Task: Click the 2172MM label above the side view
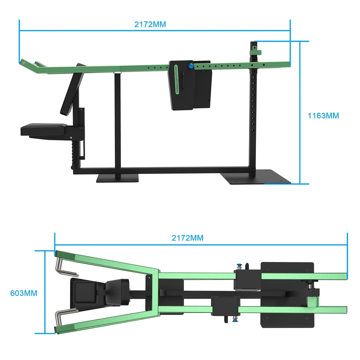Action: point(150,24)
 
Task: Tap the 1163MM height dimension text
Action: point(323,116)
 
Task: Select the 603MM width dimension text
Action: point(24,293)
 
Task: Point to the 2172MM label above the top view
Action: point(187,238)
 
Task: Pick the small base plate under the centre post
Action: point(117,179)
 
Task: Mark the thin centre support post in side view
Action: point(117,123)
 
